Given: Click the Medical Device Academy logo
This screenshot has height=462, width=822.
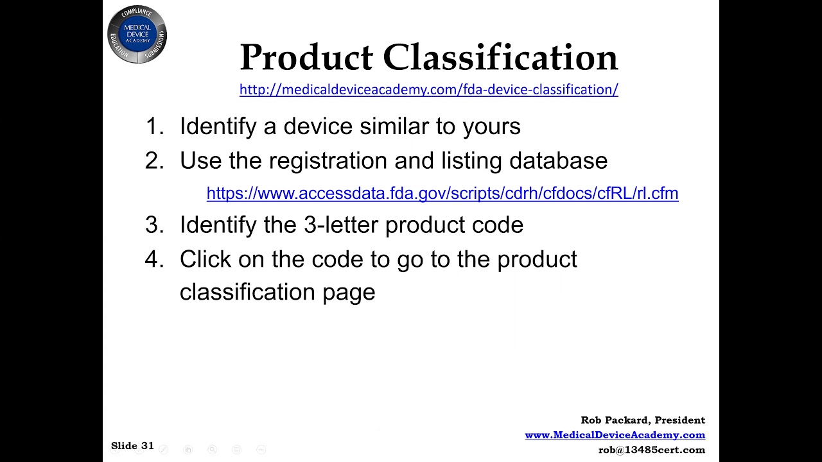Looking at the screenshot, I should coord(137,35).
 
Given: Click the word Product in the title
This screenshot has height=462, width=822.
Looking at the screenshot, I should coord(306,57).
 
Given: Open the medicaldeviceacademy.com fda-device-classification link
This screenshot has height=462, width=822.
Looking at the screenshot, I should coord(428,90).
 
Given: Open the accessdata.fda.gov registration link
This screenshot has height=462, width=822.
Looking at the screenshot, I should coord(442,193).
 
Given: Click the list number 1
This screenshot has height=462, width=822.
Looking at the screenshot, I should coord(154,126).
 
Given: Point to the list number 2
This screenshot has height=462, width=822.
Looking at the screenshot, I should coord(154,160).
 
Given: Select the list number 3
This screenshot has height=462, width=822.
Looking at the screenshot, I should coord(154,225).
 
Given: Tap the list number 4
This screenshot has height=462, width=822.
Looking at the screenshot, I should coord(154,259).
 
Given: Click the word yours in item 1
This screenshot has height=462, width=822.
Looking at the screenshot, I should coord(491,126).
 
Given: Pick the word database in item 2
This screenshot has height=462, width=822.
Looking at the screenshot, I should coord(558,160).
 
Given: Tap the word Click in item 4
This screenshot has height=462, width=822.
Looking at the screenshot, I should coord(205,259).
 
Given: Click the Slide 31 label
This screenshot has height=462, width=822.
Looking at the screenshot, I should coord(132,445).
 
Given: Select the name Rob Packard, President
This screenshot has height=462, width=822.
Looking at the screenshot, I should coord(643,420).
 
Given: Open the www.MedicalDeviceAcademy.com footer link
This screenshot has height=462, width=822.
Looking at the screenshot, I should coord(615,435).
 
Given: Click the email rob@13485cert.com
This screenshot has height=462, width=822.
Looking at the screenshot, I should coord(651,450).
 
